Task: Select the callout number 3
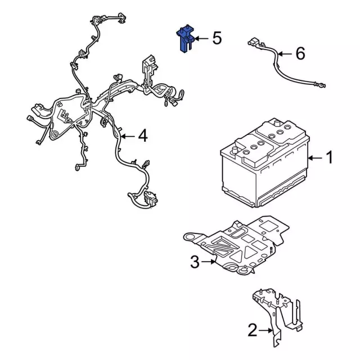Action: click(x=195, y=261)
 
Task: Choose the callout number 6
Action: click(x=300, y=54)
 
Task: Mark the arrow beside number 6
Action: click(x=286, y=55)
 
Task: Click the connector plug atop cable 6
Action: click(x=253, y=42)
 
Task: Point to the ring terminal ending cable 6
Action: click(x=320, y=85)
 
